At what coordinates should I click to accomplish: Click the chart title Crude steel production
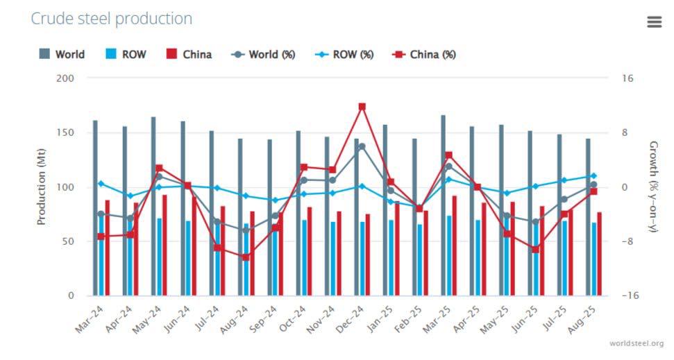coord(111,19)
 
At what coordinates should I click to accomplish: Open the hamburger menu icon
coord(654,22)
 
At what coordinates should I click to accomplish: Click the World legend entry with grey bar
coord(62,54)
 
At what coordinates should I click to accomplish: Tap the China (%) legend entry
coord(425,54)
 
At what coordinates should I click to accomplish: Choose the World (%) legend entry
coord(264,54)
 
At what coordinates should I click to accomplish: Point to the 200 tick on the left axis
coord(65,78)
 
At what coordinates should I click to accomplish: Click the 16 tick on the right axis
coord(627,78)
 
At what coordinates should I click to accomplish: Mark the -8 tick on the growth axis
coord(627,241)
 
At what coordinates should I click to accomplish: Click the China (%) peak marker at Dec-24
coord(362,107)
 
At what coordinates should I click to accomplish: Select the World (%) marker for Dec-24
coord(362,146)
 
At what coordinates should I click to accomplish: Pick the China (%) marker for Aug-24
coord(246,257)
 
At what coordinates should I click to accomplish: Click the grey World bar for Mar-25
coord(443,205)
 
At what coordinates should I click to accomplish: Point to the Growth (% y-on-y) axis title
coord(652,187)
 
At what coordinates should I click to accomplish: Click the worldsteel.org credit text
coord(636,343)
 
